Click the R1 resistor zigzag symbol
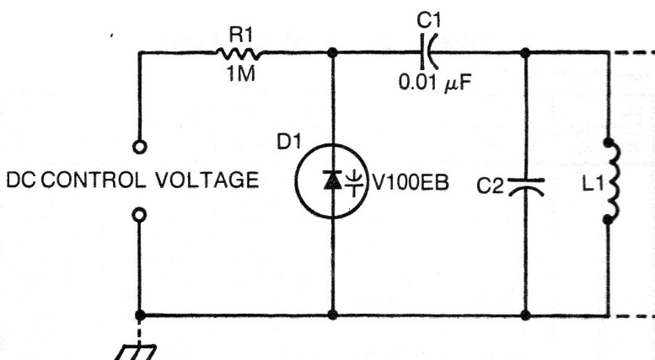pyautogui.click(x=239, y=53)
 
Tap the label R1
pyautogui.click(x=241, y=35)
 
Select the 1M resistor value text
pyautogui.click(x=241, y=74)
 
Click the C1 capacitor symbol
pyautogui.click(x=429, y=52)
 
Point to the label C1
pyautogui.click(x=428, y=20)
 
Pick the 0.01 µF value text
pyautogui.click(x=435, y=83)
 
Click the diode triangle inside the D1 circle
pyautogui.click(x=333, y=180)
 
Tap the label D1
pyautogui.click(x=289, y=142)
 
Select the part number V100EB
pyautogui.click(x=411, y=182)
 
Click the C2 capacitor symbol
pyautogui.click(x=526, y=186)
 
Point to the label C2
pyautogui.click(x=491, y=185)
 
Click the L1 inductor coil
pyautogui.click(x=610, y=181)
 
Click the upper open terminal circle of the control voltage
pyautogui.click(x=140, y=147)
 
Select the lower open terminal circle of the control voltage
pyautogui.click(x=140, y=215)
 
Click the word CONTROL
pyautogui.click(x=94, y=180)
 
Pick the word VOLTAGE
pyautogui.click(x=207, y=180)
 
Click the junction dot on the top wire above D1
pyautogui.click(x=332, y=52)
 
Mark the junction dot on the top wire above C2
pyautogui.click(x=525, y=52)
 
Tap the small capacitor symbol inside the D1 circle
pyautogui.click(x=354, y=182)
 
